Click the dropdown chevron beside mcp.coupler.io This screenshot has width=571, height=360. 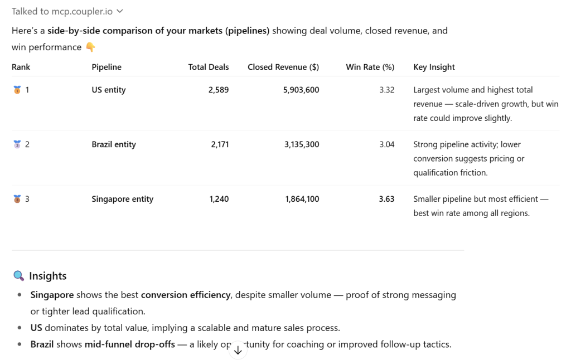(120, 11)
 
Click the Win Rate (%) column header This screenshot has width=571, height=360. (370, 67)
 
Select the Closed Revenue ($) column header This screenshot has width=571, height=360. (283, 67)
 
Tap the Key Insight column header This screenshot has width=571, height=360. (434, 67)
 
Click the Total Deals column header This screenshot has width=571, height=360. (208, 67)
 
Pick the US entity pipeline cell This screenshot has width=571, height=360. (108, 90)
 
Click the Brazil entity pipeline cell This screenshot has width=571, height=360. (114, 144)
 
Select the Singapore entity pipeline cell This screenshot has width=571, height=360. (122, 199)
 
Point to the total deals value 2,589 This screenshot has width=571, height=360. (219, 90)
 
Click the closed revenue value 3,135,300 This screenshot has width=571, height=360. (302, 144)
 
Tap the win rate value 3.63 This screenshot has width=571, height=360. (386, 199)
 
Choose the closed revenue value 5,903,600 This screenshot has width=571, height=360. (301, 90)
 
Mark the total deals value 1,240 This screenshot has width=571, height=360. (219, 199)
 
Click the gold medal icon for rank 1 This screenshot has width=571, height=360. (17, 90)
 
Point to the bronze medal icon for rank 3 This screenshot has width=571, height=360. (17, 199)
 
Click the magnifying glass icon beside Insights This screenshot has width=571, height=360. (18, 276)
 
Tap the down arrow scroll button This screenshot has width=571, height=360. (238, 350)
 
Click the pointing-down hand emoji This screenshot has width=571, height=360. (90, 47)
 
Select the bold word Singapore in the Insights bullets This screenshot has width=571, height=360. (52, 295)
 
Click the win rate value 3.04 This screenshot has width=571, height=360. (386, 144)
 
